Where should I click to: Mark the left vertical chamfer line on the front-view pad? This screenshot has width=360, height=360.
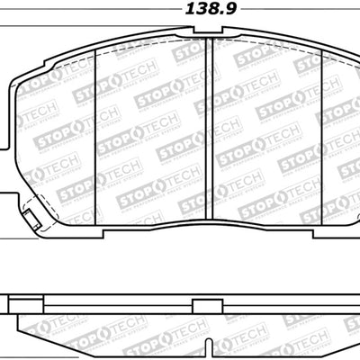click(95, 135)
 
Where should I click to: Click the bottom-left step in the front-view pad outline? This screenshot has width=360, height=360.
click(104, 233)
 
